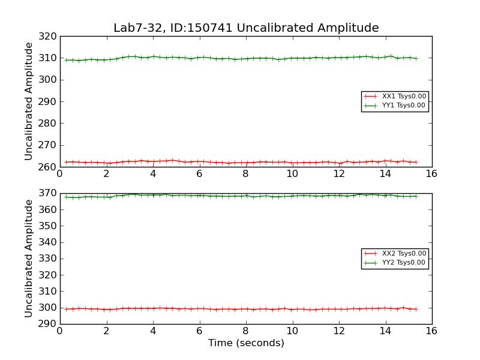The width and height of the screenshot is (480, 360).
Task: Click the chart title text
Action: click(246, 28)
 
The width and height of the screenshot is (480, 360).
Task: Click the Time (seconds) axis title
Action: click(246, 343)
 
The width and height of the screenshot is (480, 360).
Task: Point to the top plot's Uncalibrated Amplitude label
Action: click(29, 101)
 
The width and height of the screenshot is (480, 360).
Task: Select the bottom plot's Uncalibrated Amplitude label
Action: click(29, 259)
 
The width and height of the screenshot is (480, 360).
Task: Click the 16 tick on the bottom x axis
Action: click(431, 331)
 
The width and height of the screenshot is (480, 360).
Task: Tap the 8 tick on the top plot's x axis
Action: click(245, 174)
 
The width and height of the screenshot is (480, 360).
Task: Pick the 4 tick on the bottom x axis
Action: click(152, 331)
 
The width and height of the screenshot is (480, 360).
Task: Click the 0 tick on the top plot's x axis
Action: click(59, 174)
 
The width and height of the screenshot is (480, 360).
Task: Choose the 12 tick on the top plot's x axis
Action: click(338, 174)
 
